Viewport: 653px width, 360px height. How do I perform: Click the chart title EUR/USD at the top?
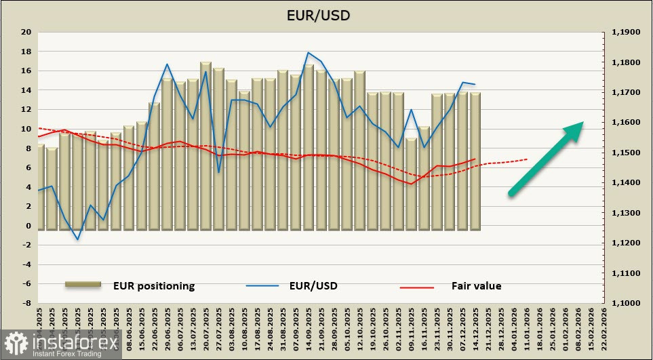(326, 14)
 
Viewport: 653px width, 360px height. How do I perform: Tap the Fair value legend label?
(476, 285)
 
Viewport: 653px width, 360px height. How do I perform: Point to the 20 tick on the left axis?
(26, 32)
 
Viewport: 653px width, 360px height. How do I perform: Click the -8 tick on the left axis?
(26, 303)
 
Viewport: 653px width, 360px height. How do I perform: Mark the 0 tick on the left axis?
(28, 226)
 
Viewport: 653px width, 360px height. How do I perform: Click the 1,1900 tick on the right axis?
(625, 32)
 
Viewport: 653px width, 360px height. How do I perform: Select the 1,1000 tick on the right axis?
(625, 303)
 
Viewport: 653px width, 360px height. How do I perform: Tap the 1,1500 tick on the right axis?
(625, 153)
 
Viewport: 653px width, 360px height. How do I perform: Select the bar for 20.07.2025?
(205, 146)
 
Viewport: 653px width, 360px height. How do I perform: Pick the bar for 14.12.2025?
(475, 161)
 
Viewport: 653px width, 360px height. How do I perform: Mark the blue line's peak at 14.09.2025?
(309, 52)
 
